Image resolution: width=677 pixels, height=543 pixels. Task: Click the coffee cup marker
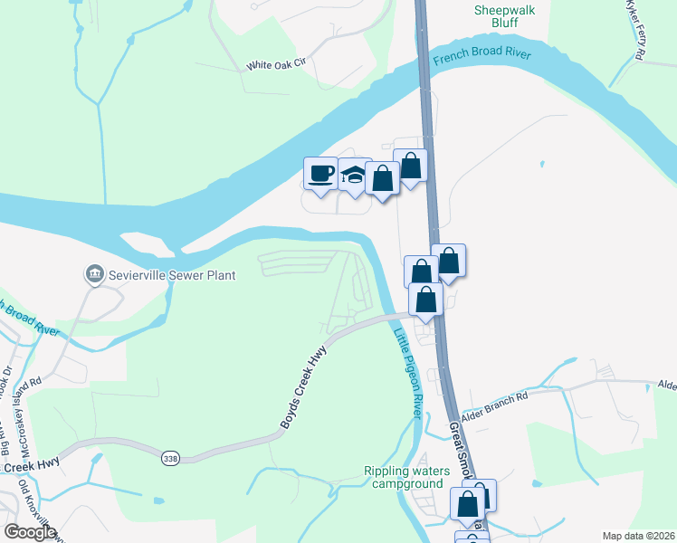click(319, 174)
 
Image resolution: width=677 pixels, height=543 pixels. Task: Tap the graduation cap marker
click(352, 176)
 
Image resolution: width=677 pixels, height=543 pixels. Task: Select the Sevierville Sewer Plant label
click(171, 274)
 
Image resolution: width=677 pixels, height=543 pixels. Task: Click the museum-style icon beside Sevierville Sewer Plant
click(93, 273)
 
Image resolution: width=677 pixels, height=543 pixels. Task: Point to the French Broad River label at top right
click(482, 55)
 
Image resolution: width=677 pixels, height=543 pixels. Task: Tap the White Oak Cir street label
click(278, 65)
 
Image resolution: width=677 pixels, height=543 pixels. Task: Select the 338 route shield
click(170, 459)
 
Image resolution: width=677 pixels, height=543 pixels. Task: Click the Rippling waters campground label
click(406, 477)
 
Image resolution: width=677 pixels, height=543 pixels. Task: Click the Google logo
click(30, 531)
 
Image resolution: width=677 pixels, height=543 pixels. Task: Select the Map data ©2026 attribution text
click(638, 536)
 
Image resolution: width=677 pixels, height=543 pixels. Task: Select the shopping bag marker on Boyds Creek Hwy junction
click(425, 299)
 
